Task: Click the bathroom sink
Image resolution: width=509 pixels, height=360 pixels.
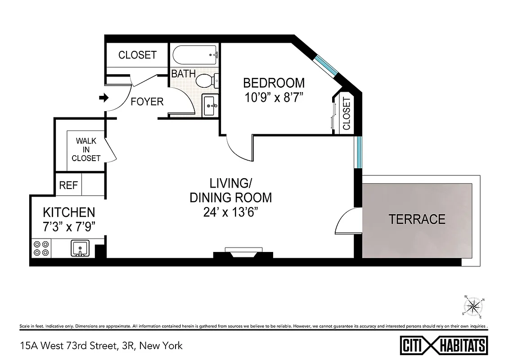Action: point(209,106)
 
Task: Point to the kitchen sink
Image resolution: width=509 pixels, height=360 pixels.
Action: point(80,248)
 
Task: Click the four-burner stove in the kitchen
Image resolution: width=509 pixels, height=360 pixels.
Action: point(41,248)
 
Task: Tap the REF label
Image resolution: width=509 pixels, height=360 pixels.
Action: point(68,185)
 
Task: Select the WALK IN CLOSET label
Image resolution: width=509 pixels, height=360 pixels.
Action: point(86,149)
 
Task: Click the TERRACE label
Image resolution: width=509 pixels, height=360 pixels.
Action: point(417,219)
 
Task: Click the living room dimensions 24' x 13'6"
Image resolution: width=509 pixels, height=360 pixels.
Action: point(230,211)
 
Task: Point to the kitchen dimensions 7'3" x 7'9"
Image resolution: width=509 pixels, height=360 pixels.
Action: point(68,226)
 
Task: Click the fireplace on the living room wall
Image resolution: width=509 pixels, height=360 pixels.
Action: point(243,253)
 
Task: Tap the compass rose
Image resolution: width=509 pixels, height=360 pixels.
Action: point(473,307)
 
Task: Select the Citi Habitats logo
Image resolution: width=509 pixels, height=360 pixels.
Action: point(443,346)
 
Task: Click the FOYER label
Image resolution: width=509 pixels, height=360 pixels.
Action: point(147,102)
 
